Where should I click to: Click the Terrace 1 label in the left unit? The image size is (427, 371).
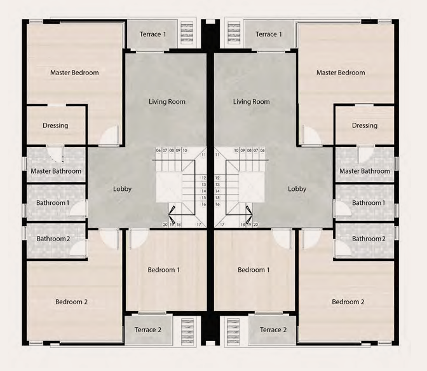(x=152, y=34)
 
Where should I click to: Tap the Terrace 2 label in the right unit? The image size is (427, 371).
(x=273, y=330)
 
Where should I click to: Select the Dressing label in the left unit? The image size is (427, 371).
(x=55, y=125)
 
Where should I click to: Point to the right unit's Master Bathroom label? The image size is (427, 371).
(x=364, y=171)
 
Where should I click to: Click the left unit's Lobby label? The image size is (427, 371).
(x=122, y=189)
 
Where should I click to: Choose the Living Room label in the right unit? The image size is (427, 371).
(x=252, y=102)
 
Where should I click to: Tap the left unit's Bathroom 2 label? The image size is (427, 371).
(x=53, y=239)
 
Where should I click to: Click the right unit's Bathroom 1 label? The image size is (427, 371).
(x=369, y=203)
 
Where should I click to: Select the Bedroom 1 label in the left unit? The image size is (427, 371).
(x=163, y=270)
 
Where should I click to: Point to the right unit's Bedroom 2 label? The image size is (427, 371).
(x=348, y=302)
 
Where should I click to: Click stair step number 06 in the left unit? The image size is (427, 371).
(x=158, y=150)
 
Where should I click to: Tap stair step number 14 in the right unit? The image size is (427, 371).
(x=217, y=191)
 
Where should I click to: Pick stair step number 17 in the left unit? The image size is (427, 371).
(x=199, y=225)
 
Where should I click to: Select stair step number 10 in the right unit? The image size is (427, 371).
(x=236, y=150)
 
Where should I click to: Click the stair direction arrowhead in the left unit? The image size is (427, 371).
(x=172, y=215)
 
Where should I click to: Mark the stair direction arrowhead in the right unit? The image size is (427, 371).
(x=249, y=215)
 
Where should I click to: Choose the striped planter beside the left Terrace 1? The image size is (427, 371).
(x=187, y=33)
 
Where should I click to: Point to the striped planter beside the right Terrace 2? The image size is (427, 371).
(x=233, y=331)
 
